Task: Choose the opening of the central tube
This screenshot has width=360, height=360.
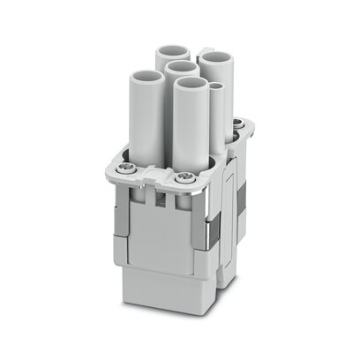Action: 181,67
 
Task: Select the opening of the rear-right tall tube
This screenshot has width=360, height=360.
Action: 214,57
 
